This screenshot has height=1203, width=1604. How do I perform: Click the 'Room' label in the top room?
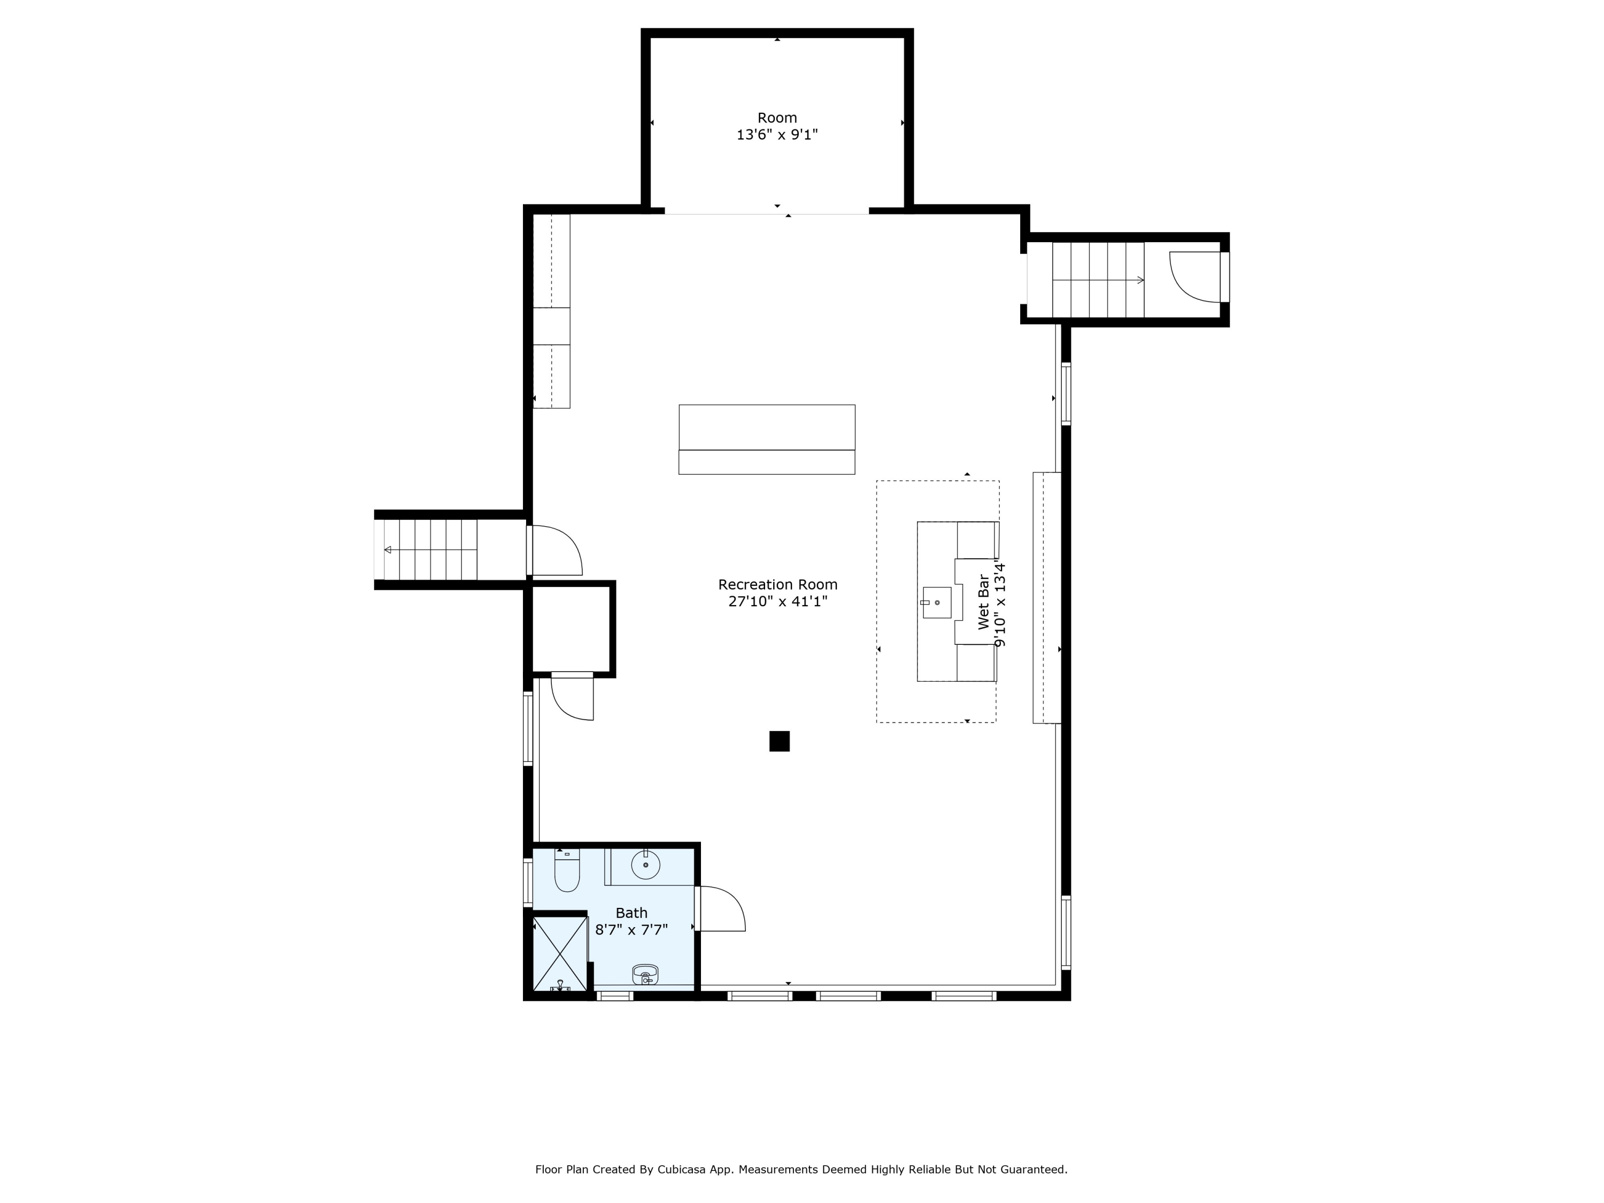pyautogui.click(x=777, y=118)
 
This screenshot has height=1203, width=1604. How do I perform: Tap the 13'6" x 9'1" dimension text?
pyautogui.click(x=777, y=135)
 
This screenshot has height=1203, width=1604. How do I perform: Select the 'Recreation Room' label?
pyautogui.click(x=777, y=584)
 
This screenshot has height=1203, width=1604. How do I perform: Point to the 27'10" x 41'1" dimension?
pyautogui.click(x=777, y=601)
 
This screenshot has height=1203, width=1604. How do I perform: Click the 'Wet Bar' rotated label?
pyautogui.click(x=983, y=602)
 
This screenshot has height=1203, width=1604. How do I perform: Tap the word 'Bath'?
pyautogui.click(x=631, y=913)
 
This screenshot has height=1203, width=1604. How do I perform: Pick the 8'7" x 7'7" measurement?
pyautogui.click(x=631, y=930)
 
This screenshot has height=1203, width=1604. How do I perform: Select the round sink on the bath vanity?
pyautogui.click(x=645, y=865)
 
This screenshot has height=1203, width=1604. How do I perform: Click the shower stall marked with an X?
pyautogui.click(x=560, y=953)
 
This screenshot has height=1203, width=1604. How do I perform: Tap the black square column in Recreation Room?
pyautogui.click(x=780, y=741)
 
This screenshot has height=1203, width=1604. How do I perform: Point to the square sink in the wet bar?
pyautogui.click(x=936, y=603)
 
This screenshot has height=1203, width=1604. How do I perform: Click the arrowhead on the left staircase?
pyautogui.click(x=388, y=550)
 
